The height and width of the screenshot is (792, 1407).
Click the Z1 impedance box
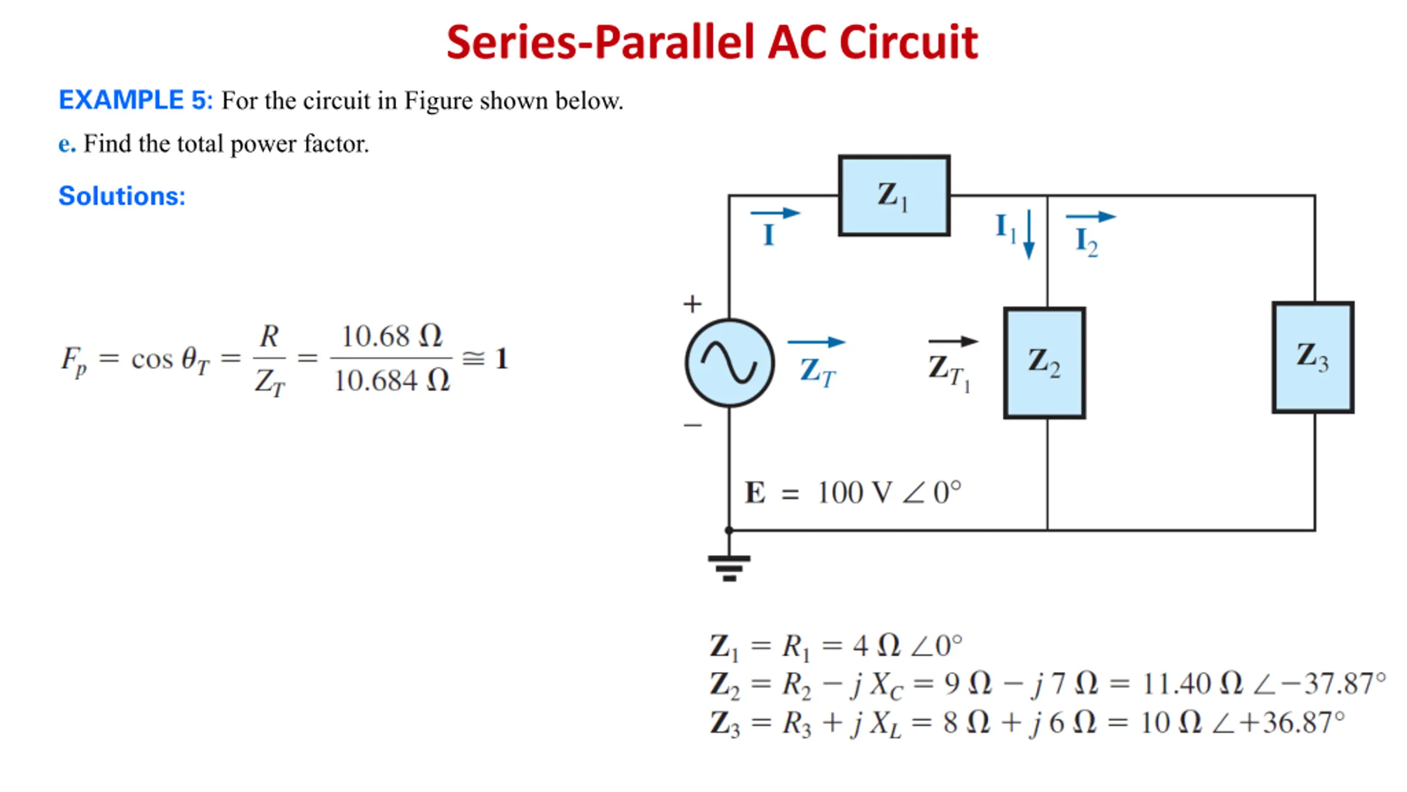894,196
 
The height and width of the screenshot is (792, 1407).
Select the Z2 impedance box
1044,363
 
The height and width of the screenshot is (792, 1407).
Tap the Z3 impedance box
1312,358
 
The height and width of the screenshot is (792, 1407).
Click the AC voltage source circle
729,363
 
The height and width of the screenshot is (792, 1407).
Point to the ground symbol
729,566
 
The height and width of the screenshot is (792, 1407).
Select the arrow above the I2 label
1090,217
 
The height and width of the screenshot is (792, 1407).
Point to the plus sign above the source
693,304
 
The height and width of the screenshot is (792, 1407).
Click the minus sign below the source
693,425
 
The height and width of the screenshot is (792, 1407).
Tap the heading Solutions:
122,196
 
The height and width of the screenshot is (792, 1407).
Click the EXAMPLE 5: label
135,100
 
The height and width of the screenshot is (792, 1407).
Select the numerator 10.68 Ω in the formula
391,335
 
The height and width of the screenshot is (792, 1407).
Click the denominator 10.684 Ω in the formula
391,381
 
